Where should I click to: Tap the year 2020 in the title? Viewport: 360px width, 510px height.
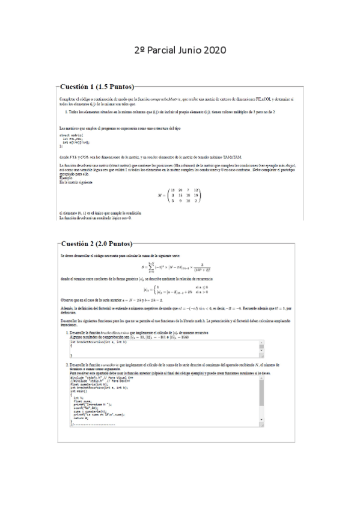pos(213,51)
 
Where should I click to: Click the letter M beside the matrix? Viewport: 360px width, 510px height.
pos(159,195)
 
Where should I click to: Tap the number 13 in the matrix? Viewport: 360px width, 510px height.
pos(172,189)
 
